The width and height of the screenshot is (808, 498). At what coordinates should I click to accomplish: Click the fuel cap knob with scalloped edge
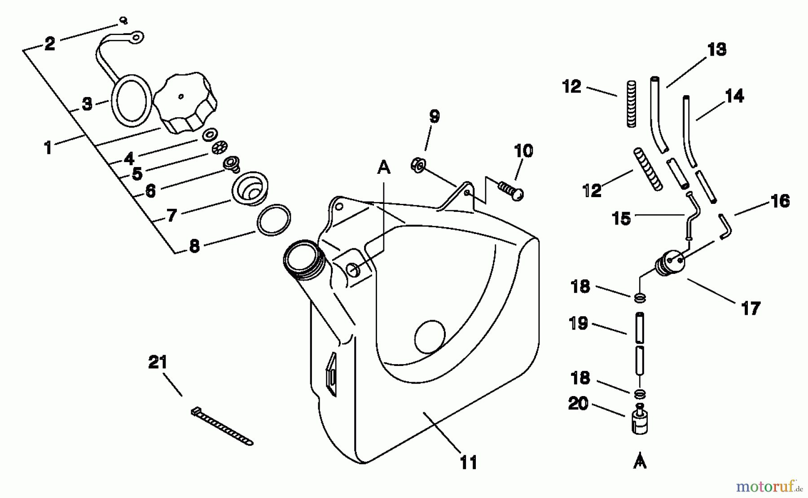[x=185, y=104]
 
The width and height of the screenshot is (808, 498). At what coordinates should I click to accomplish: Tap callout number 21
[x=158, y=362]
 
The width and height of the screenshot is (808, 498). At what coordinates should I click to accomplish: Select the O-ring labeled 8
[x=273, y=220]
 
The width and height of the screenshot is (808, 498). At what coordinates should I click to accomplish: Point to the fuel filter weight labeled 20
[x=640, y=421]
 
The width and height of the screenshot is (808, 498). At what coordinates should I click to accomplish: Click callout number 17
[x=751, y=309]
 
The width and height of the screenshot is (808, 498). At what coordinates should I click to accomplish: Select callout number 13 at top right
[x=717, y=49]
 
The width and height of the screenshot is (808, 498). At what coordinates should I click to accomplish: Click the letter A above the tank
[x=383, y=168]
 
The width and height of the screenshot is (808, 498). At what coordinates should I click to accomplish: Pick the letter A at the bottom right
[x=640, y=462]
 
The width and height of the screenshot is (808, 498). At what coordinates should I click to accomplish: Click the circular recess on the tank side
[x=430, y=337]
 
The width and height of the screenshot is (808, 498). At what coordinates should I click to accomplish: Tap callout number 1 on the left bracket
[x=48, y=148]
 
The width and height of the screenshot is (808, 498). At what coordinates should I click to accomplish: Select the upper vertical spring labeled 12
[x=631, y=104]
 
